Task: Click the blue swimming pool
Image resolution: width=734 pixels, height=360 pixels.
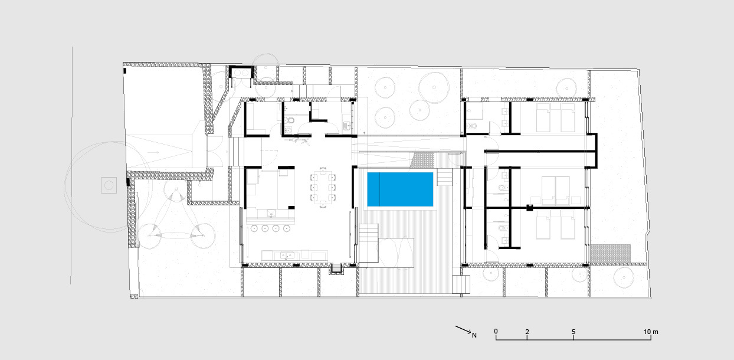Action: [400, 189]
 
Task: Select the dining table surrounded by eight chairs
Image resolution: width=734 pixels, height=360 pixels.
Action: [323, 187]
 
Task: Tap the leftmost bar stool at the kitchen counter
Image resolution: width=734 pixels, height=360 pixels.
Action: [255, 228]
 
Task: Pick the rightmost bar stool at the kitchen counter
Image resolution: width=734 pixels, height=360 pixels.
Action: [287, 228]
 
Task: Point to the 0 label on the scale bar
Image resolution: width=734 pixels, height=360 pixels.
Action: [496, 332]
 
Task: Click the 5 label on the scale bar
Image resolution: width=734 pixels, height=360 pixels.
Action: [574, 332]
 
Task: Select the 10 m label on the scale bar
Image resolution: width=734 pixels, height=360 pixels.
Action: [651, 332]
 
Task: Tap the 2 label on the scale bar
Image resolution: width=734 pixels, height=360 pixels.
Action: [527, 332]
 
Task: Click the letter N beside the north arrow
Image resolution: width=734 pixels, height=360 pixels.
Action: [474, 335]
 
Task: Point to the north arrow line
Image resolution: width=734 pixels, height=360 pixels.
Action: [463, 329]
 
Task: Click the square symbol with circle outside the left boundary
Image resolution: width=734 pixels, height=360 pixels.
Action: [109, 185]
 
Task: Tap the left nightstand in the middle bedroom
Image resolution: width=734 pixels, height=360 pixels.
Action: [535, 200]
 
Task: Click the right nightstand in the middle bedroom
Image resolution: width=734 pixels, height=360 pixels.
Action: [575, 200]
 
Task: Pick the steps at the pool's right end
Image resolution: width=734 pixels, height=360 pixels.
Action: [445, 177]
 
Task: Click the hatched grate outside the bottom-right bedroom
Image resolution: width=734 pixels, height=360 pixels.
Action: [610, 253]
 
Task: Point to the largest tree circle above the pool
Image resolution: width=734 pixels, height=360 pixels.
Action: [434, 87]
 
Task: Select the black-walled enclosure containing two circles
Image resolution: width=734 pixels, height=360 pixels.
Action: [241, 73]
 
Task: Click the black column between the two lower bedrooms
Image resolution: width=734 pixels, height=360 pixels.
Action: [529, 208]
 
